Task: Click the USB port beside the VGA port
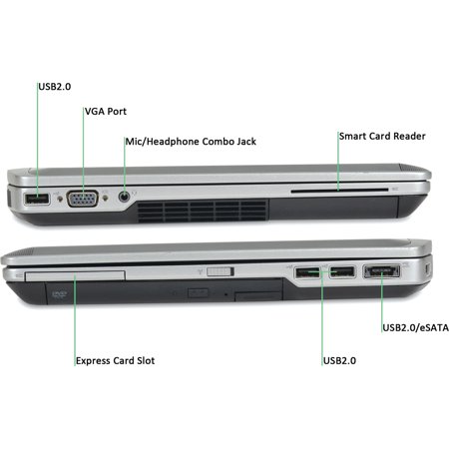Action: pyautogui.click(x=37, y=200)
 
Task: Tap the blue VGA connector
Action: pyautogui.click(x=83, y=199)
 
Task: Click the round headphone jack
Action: pyautogui.click(x=124, y=197)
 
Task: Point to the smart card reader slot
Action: pyautogui.click(x=339, y=191)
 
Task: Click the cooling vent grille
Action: pyautogui.click(x=203, y=211)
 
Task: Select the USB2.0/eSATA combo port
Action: pyautogui.click(x=382, y=271)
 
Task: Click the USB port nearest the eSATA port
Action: pyautogui.click(x=342, y=272)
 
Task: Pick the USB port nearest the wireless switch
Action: pyautogui.click(x=307, y=272)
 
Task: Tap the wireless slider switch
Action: pyautogui.click(x=221, y=271)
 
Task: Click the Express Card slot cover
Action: pyautogui.click(x=75, y=275)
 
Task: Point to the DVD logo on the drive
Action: pyautogui.click(x=60, y=294)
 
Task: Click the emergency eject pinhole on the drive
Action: pyautogui.click(x=225, y=294)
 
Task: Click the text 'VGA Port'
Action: pyautogui.click(x=106, y=112)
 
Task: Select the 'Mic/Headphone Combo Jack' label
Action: pyautogui.click(x=191, y=142)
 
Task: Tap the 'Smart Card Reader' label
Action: pyautogui.click(x=382, y=136)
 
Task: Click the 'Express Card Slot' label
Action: pyautogui.click(x=115, y=361)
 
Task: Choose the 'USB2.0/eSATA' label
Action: pyautogui.click(x=415, y=327)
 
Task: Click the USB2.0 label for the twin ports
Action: pyautogui.click(x=339, y=361)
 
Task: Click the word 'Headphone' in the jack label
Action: pyautogui.click(x=174, y=142)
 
